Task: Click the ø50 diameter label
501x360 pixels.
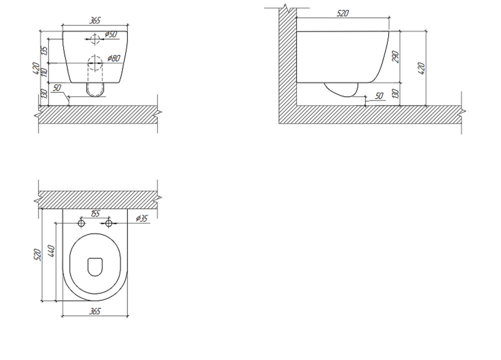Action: coord(111,34)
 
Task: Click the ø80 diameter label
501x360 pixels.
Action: coord(114,58)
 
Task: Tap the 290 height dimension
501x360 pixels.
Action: coord(396,57)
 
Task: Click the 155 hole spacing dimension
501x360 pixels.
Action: coord(95,213)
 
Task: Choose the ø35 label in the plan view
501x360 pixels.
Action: coord(142,218)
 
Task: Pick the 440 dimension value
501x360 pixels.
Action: coord(51,251)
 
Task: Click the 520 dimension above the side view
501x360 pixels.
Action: coord(343,14)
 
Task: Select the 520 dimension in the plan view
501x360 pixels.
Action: coord(38,254)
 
